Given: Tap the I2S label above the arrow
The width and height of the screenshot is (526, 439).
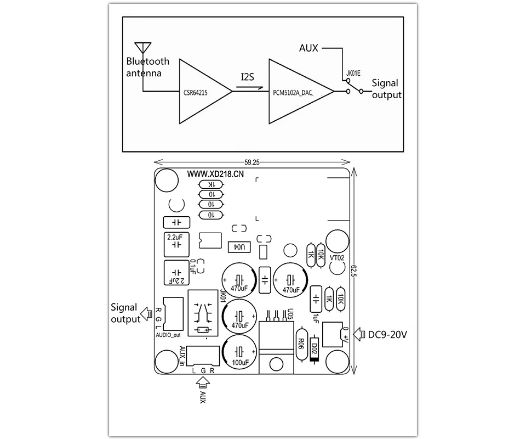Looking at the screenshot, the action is click(248, 77).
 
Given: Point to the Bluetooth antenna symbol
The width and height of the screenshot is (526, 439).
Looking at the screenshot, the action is click(143, 47).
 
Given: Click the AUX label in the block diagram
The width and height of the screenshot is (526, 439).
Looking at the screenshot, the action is click(308, 48).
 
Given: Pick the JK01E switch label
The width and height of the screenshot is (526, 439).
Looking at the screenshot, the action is click(353, 73).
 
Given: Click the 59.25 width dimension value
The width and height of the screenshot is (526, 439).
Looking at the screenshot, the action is click(252, 162).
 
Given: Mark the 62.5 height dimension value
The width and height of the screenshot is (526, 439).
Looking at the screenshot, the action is click(353, 271).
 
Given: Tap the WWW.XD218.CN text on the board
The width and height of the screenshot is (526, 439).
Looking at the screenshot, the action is click(215, 174).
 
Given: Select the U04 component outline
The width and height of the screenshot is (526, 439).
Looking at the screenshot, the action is click(239, 247).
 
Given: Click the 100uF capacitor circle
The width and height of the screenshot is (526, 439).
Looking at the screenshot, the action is click(239, 352).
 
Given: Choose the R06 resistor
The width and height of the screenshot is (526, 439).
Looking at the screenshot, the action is click(301, 344).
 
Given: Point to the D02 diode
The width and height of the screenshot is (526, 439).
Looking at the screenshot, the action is click(315, 348).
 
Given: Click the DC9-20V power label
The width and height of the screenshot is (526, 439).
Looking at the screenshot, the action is click(387, 335).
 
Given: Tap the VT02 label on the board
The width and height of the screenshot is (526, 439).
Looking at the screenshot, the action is click(337, 258).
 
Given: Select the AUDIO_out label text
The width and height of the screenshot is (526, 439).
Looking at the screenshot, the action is click(168, 335).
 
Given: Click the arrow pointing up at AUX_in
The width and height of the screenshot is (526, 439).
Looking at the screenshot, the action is click(203, 382).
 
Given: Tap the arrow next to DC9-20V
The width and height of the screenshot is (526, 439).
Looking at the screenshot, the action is click(359, 335).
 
